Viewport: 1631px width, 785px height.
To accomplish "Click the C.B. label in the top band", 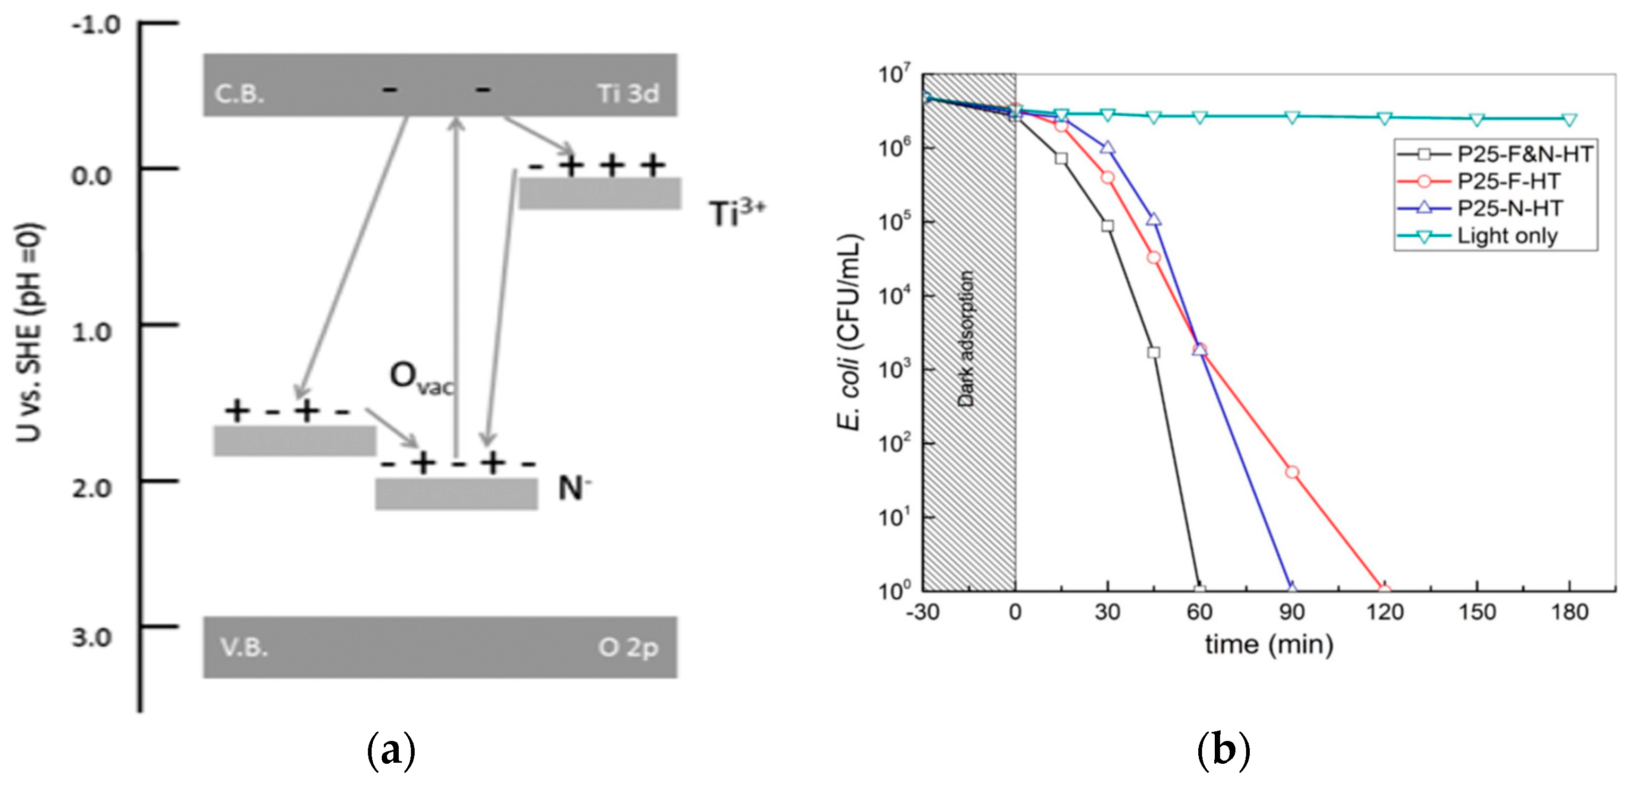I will pos(239,94).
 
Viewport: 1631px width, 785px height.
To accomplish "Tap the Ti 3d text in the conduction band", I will pos(628,94).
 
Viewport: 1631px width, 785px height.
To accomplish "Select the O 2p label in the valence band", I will pos(628,647).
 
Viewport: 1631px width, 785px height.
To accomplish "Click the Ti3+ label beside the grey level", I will pos(736,213).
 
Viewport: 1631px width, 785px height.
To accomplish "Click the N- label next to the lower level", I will pos(573,488).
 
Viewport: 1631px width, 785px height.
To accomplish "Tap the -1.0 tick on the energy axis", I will pos(95,25).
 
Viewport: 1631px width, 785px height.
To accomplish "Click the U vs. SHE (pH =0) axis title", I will pos(29,332).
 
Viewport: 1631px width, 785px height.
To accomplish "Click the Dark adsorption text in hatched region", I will pos(966,338).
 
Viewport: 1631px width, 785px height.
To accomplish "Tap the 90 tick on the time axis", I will pos(1292,612).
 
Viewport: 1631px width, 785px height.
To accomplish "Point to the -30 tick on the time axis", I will pos(923,612).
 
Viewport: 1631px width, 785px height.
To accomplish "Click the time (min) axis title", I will pos(1268,644).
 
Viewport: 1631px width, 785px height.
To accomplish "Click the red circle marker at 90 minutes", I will pos(1292,472).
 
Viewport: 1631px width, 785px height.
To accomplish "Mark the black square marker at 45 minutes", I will pos(1154,352).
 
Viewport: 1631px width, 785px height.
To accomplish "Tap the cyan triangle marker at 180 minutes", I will pos(1569,119).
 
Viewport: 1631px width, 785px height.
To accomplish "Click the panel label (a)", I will pos(391,749).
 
